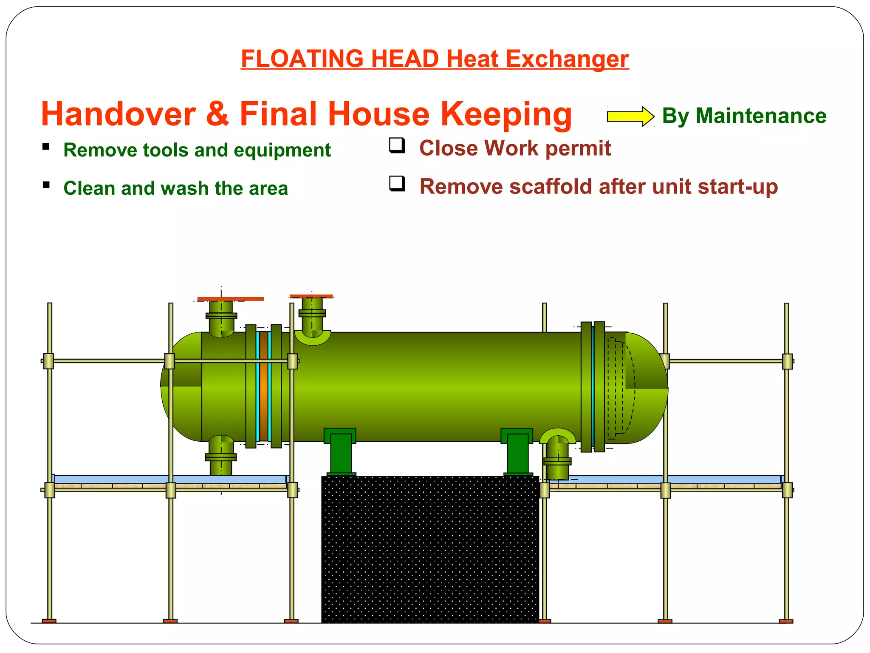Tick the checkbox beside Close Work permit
pyautogui.click(x=397, y=145)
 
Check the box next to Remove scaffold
pyautogui.click(x=397, y=184)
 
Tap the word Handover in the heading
pyautogui.click(x=118, y=114)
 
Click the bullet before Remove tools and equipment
pyautogui.click(x=46, y=147)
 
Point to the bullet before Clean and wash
pyautogui.click(x=46, y=185)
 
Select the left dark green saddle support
pyautogui.click(x=340, y=451)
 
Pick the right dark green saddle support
pyautogui.click(x=517, y=451)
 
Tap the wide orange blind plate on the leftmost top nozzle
pyautogui.click(x=231, y=299)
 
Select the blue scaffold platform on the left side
pyautogui.click(x=170, y=480)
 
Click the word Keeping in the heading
pyautogui.click(x=506, y=114)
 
